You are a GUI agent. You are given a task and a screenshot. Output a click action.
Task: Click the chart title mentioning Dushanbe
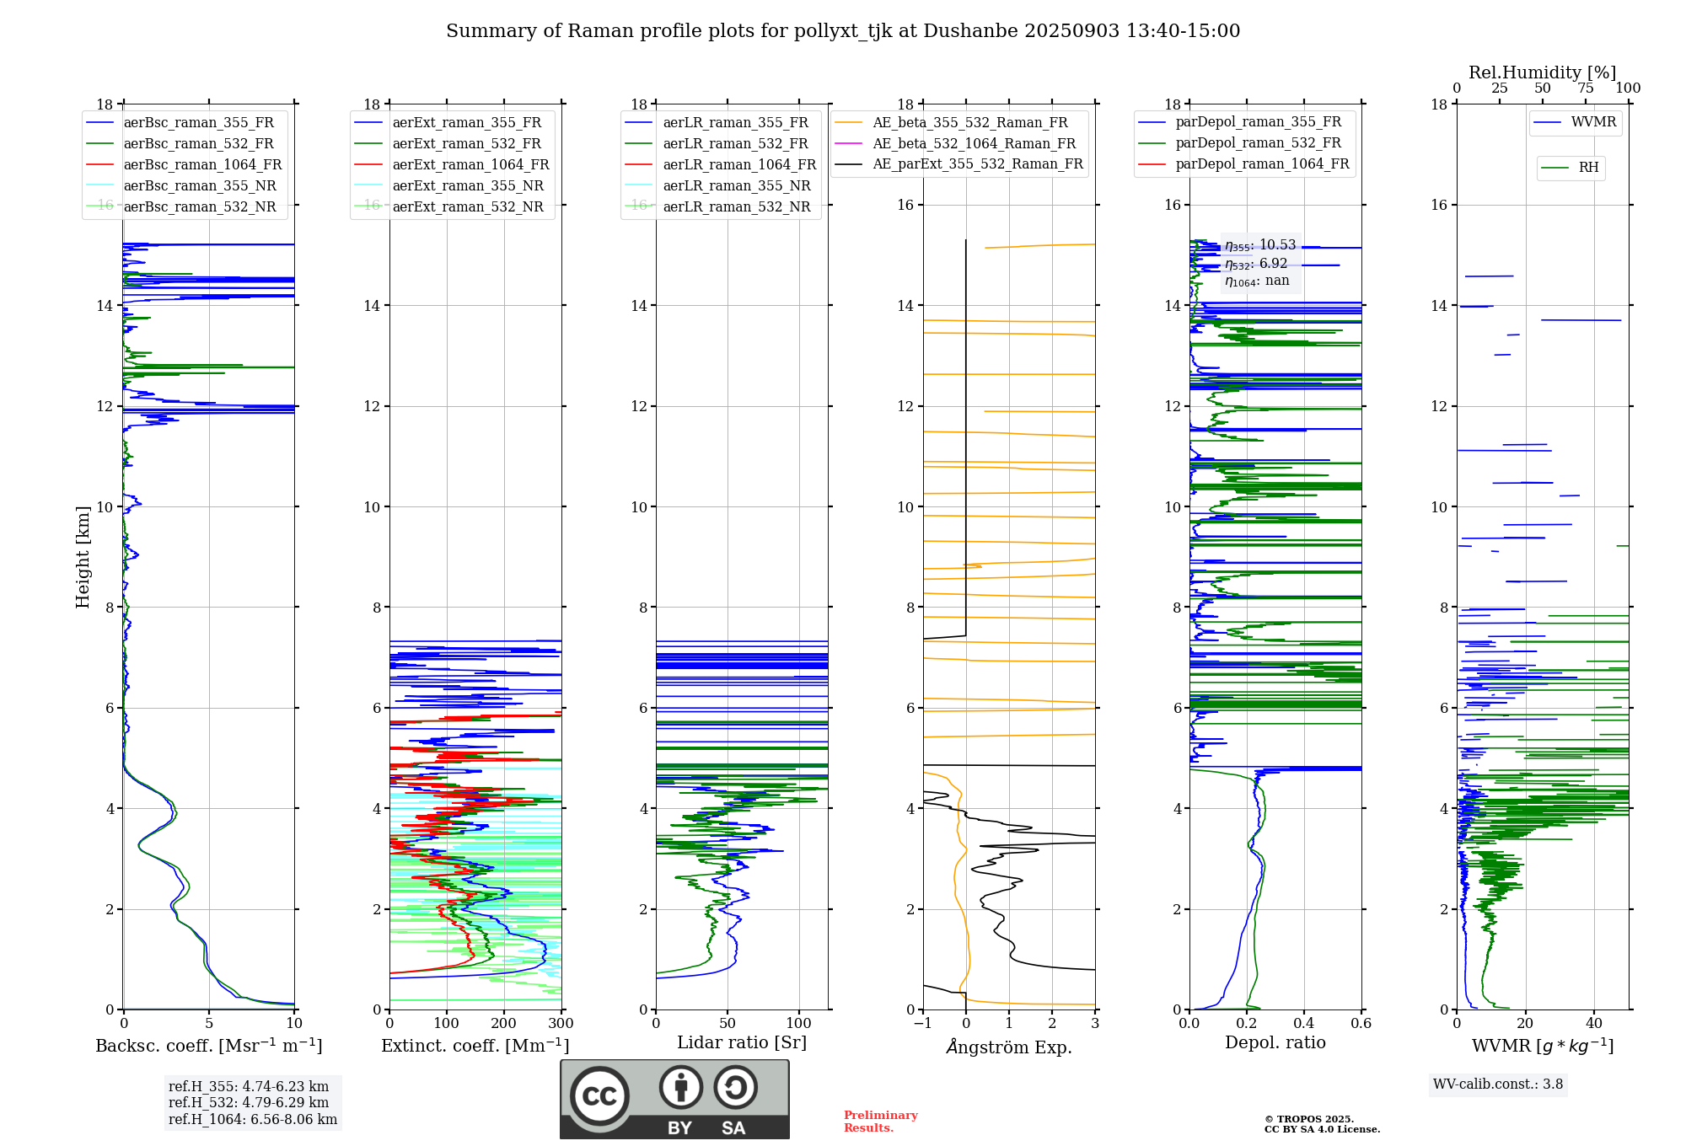(x=843, y=31)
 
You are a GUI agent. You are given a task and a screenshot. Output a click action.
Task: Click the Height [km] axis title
(x=83, y=557)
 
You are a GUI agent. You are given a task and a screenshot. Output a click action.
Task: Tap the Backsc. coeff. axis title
(x=208, y=1046)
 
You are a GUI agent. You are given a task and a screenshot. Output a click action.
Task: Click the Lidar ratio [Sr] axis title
(x=742, y=1043)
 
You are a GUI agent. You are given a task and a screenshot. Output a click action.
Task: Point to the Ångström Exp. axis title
(x=1009, y=1047)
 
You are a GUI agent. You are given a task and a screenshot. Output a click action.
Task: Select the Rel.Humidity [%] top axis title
(x=1542, y=72)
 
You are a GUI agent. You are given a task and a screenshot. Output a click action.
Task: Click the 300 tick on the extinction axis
(x=561, y=1024)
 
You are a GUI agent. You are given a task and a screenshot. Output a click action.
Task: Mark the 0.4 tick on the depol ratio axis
(x=1304, y=1024)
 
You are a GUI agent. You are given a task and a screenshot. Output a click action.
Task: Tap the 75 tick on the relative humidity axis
(x=1586, y=88)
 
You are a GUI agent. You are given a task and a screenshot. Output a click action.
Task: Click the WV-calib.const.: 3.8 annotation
(x=1498, y=1084)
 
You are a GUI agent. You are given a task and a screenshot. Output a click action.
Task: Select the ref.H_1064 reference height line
(x=253, y=1120)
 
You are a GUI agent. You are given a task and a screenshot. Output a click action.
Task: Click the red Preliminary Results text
(x=880, y=1122)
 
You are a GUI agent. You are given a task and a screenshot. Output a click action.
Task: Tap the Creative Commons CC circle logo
(x=599, y=1096)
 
